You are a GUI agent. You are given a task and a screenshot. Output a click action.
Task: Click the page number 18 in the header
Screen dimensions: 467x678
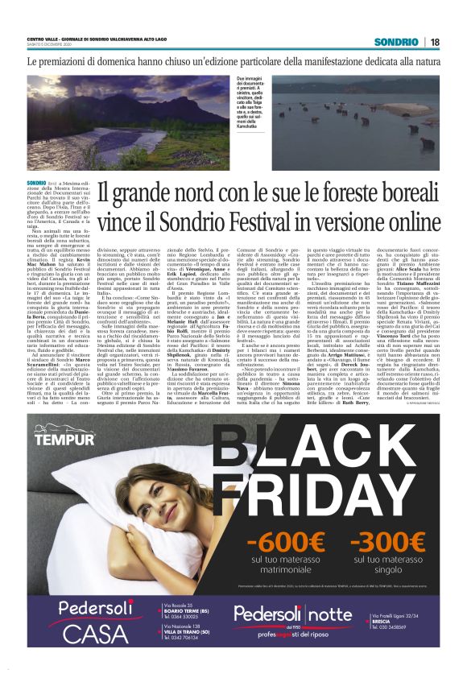point(434,41)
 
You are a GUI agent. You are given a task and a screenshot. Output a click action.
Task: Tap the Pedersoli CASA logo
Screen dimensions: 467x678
point(90,642)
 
